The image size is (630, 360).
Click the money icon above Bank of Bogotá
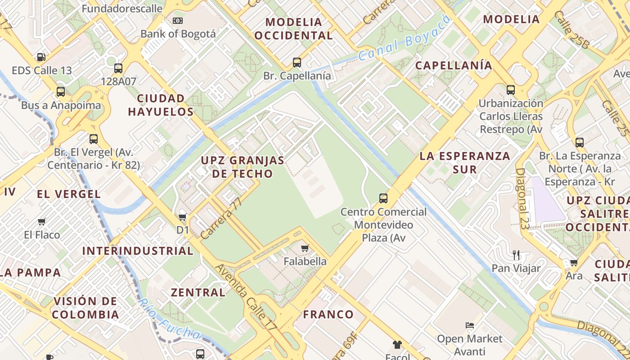click(178, 21)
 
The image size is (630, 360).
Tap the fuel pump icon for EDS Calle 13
click(41, 57)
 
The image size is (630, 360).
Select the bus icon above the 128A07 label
click(118, 68)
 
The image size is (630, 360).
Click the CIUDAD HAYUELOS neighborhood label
click(161, 105)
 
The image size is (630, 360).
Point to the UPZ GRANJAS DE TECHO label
click(243, 167)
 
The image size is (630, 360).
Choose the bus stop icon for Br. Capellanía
click(297, 63)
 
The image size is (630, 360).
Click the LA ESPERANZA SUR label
click(465, 162)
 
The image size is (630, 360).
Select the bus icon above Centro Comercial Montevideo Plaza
click(383, 198)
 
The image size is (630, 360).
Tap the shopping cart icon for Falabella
click(305, 248)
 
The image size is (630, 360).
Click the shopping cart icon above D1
click(183, 217)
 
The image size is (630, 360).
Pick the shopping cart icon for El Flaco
click(42, 221)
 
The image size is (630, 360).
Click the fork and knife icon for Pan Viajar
click(516, 255)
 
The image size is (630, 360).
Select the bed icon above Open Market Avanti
click(470, 325)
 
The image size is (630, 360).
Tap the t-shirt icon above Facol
click(397, 345)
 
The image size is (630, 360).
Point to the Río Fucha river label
click(169, 319)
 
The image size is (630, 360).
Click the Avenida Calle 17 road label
click(246, 298)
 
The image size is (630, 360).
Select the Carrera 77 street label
click(221, 218)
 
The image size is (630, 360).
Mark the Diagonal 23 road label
click(522, 199)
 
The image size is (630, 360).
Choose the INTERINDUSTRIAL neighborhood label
click(138, 251)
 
